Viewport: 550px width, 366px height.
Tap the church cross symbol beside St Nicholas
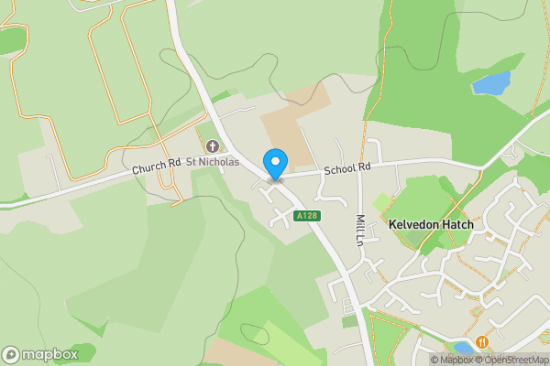[213, 146]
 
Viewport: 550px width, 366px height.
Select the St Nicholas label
[213, 162]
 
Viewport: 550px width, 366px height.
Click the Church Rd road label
[156, 167]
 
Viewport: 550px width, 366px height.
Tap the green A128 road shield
[306, 216]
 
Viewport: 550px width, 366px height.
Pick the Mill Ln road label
[360, 230]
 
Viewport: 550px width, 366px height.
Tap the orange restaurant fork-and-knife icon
[482, 342]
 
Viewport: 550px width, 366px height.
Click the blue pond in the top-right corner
[490, 84]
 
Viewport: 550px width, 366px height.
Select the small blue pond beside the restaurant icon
[463, 347]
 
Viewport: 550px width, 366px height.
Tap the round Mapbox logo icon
[11, 354]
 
